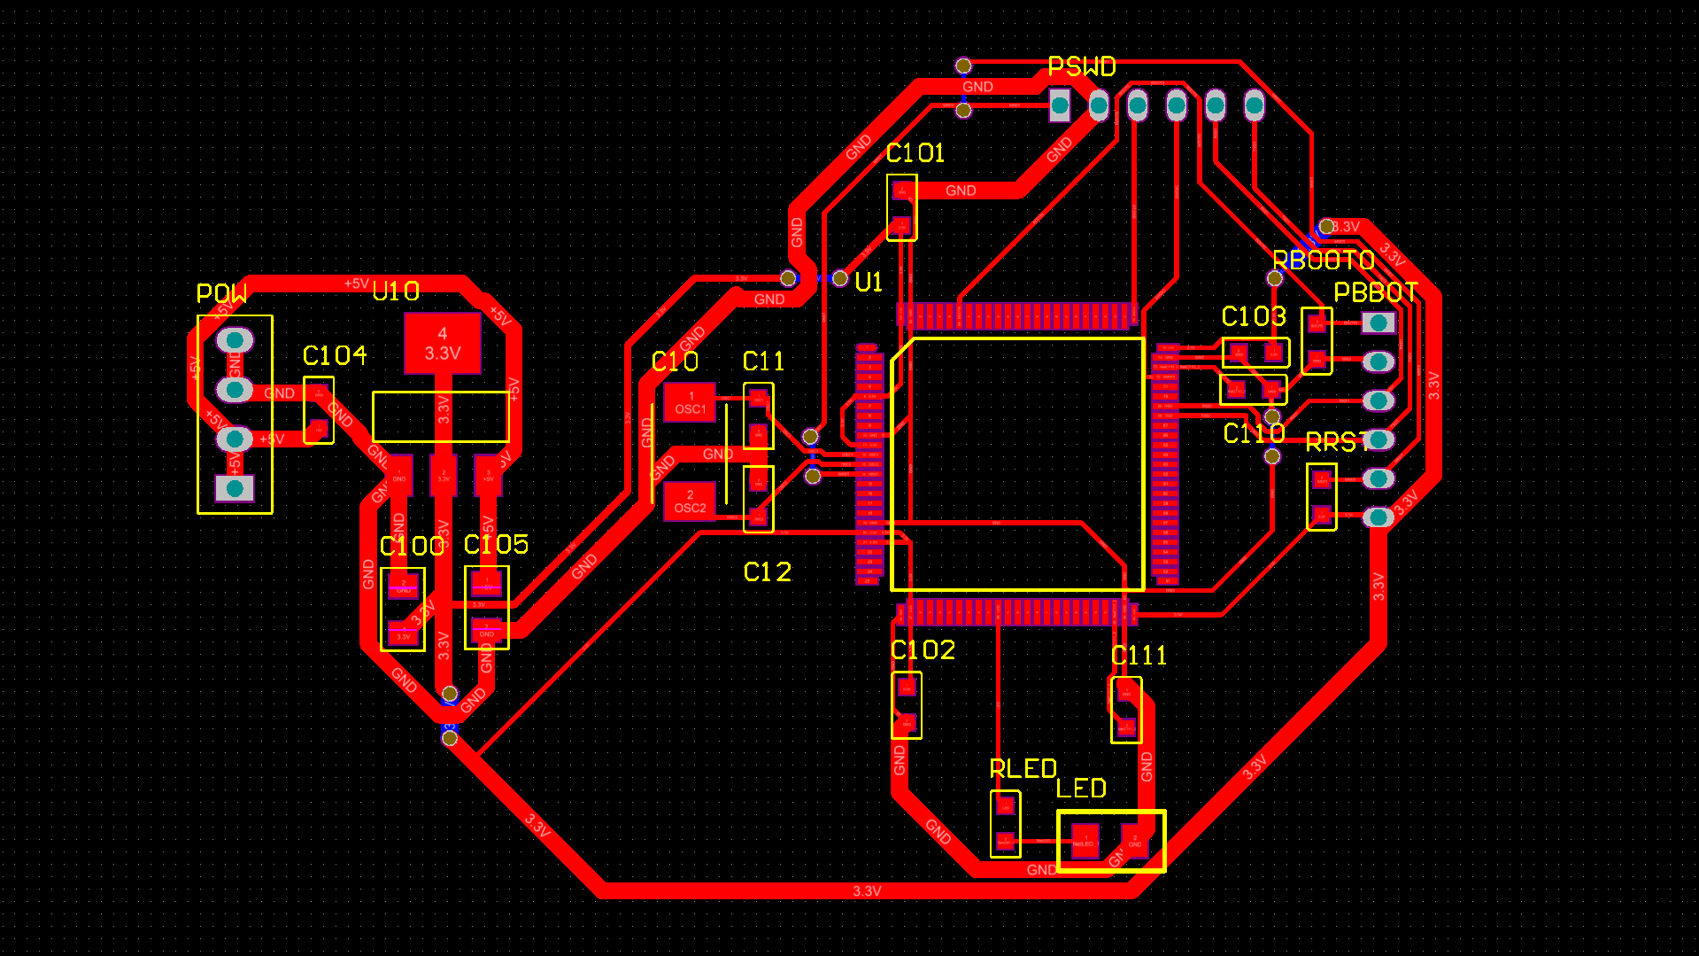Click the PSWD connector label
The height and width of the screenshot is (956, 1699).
click(1081, 66)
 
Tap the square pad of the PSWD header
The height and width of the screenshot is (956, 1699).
click(1060, 106)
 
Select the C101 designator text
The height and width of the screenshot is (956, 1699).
click(915, 153)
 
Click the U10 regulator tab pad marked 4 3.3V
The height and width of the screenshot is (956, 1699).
click(443, 344)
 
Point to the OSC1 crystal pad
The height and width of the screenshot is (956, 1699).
click(690, 403)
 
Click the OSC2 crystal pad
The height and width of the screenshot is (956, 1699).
click(690, 501)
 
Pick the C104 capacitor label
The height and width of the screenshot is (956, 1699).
click(334, 356)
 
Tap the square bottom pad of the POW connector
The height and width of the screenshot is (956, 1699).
click(235, 487)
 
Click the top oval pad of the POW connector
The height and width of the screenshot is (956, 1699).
click(235, 340)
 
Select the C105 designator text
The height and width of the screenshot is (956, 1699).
click(496, 544)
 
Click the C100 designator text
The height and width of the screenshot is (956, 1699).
click(412, 546)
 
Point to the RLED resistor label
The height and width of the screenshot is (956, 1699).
click(1023, 769)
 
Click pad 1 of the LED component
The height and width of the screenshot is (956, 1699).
click(1085, 840)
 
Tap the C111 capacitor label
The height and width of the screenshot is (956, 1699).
click(1139, 656)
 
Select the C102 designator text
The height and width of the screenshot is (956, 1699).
click(923, 650)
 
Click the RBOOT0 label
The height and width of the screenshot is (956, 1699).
click(1323, 260)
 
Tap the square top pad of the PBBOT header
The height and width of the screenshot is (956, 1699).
click(1378, 323)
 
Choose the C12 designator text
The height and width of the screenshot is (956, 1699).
click(767, 572)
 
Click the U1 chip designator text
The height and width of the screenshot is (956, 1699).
click(869, 283)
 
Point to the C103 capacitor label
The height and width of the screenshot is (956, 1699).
click(1253, 316)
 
